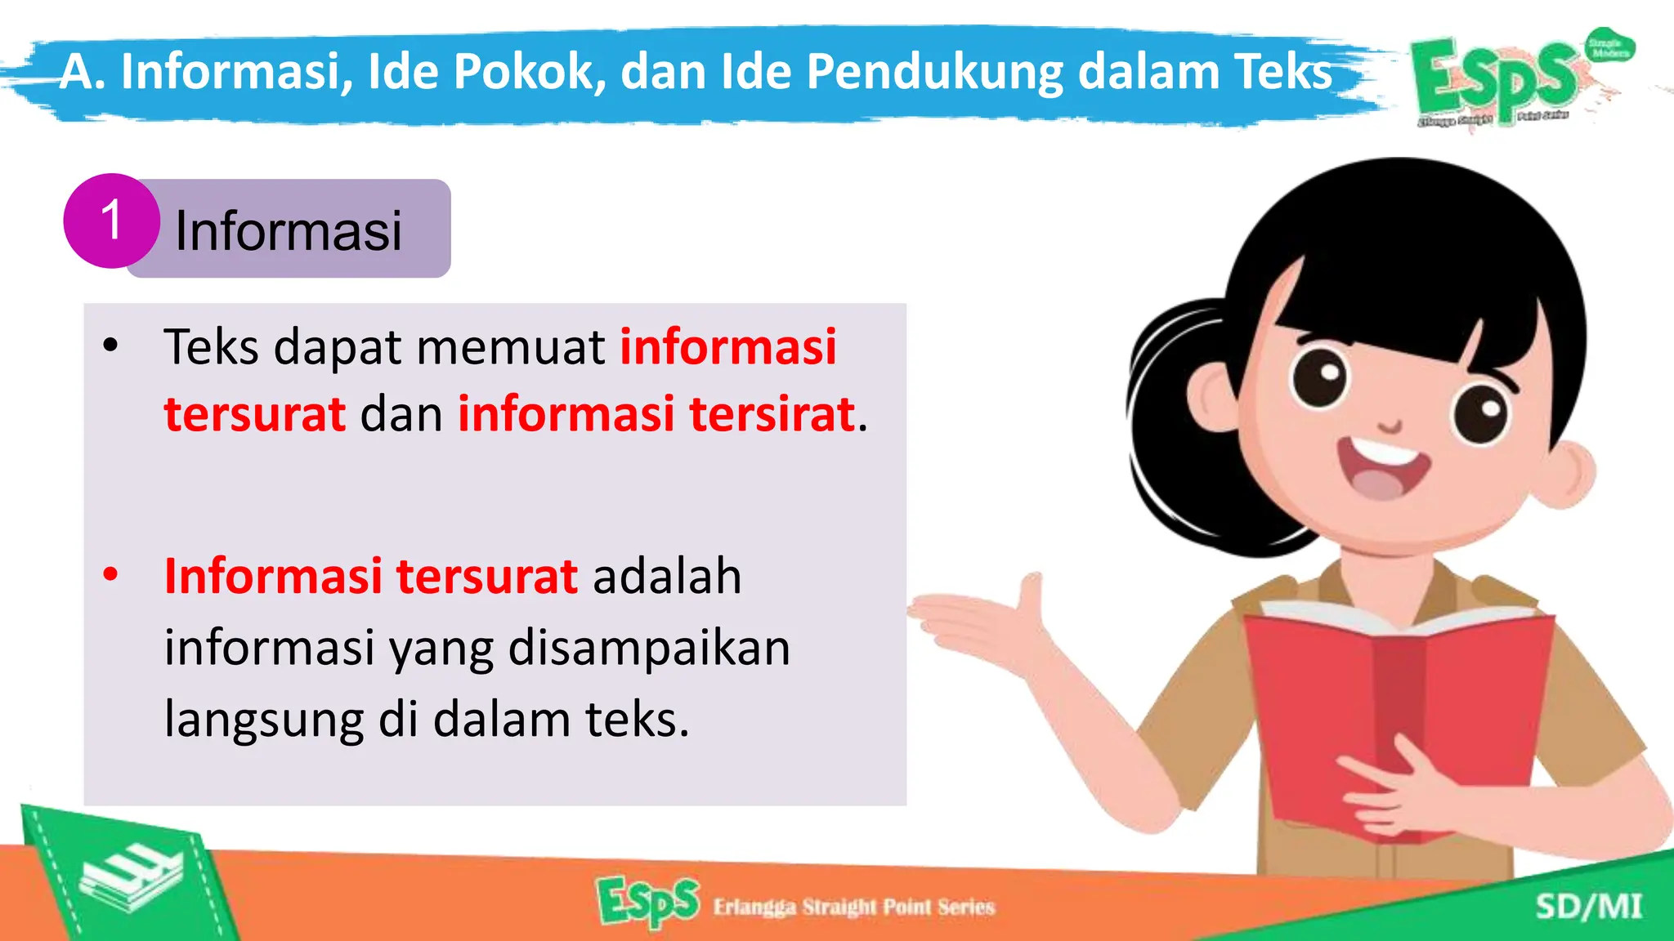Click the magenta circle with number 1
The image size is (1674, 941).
click(x=111, y=221)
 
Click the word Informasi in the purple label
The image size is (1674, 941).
click(x=288, y=231)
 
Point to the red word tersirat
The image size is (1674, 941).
click(x=772, y=413)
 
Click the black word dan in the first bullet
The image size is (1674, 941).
click(x=401, y=413)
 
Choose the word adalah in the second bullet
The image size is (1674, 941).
click(x=667, y=576)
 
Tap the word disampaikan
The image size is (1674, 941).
click(x=649, y=648)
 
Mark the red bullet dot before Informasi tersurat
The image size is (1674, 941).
click(x=110, y=574)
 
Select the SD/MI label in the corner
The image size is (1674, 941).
click(x=1588, y=907)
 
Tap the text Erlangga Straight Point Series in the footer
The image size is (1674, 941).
click(x=854, y=907)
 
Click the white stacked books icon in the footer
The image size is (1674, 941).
click(x=131, y=878)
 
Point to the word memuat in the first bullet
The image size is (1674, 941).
click(x=511, y=346)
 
